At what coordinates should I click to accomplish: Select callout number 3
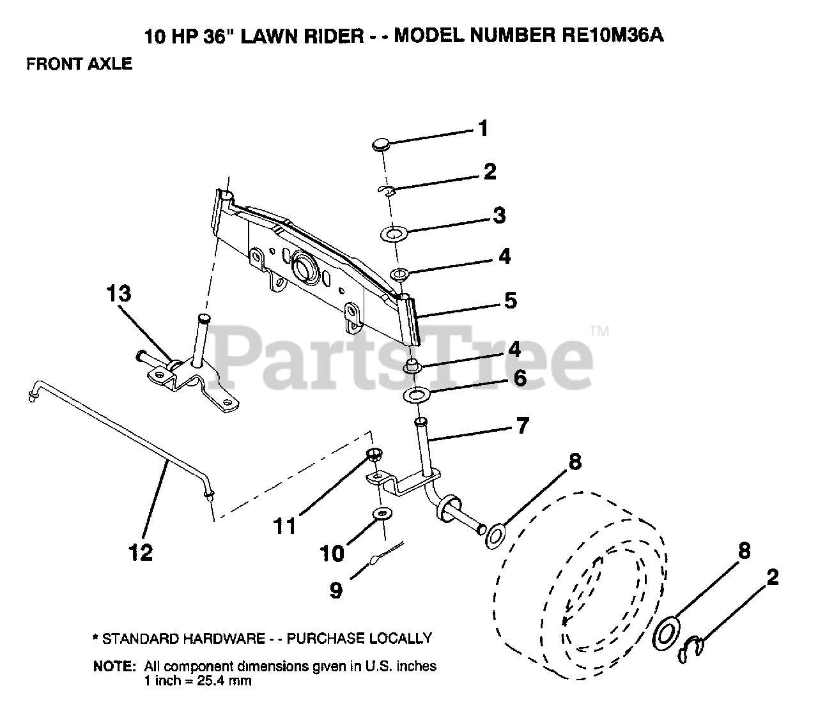tap(499, 216)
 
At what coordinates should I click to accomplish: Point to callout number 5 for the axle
tap(510, 300)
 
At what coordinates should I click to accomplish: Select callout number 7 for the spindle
tap(523, 425)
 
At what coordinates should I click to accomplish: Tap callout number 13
tap(119, 294)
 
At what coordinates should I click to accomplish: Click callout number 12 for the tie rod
tap(141, 552)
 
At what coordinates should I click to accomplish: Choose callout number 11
tap(284, 526)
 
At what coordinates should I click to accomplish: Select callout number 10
tap(332, 552)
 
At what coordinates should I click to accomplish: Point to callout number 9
tap(336, 590)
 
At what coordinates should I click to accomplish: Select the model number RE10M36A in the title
tap(608, 35)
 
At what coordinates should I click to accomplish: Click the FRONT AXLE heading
tap(79, 64)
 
